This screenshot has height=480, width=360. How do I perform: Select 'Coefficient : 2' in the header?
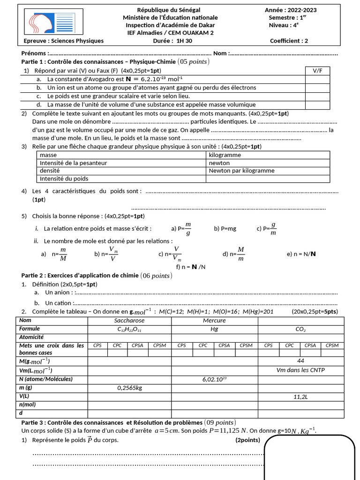pyautogui.click(x=289, y=41)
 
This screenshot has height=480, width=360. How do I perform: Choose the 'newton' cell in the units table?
pyautogui.click(x=219, y=163)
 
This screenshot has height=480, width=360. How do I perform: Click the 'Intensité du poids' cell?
pyautogui.click(x=64, y=179)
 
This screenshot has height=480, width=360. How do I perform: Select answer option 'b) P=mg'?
pyautogui.click(x=225, y=229)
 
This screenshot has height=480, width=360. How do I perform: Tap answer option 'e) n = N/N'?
pyautogui.click(x=301, y=254)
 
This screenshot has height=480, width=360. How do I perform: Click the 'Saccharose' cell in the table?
pyautogui.click(x=129, y=321)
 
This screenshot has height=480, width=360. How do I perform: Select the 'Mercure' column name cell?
pyautogui.click(x=214, y=321)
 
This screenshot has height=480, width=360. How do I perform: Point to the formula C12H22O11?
pyautogui.click(x=129, y=329)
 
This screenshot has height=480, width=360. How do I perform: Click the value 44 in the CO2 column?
pyautogui.click(x=300, y=361)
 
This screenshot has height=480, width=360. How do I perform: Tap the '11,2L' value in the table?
pyautogui.click(x=300, y=396)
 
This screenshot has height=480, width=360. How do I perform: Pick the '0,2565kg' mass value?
pyautogui.click(x=129, y=388)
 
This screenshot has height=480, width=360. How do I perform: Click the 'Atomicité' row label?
pyautogui.click(x=32, y=337)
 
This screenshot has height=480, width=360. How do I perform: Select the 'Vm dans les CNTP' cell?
pyautogui.click(x=300, y=370)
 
